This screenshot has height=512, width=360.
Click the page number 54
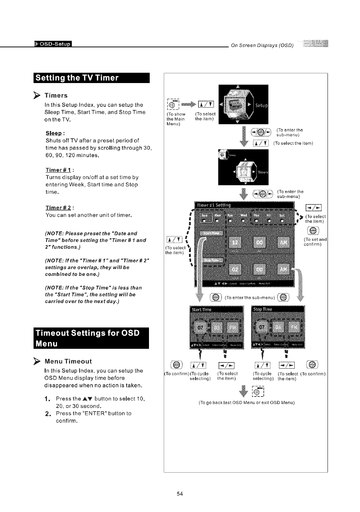point(180,494)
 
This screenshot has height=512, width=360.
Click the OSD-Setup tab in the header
point(53,44)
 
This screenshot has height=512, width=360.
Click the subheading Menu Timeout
point(68,361)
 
